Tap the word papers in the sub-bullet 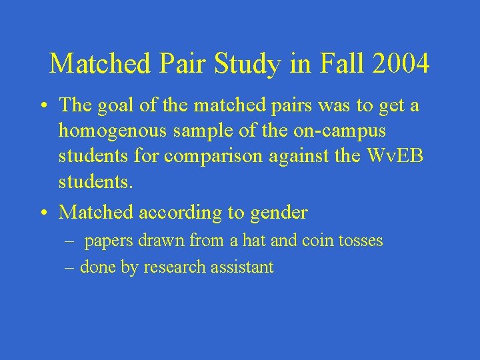[x=109, y=241]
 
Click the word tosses [x=361, y=241]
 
